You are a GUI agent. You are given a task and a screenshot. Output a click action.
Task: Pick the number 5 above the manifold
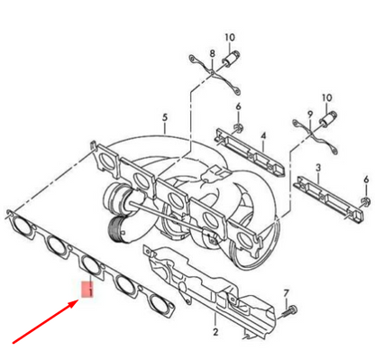[x=164, y=117]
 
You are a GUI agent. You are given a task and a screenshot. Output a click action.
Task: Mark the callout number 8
[x=213, y=54]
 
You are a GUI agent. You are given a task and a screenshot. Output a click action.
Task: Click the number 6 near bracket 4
[x=238, y=106]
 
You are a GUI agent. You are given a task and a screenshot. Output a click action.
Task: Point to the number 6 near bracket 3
[x=365, y=204]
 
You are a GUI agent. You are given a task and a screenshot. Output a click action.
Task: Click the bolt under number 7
[x=287, y=311]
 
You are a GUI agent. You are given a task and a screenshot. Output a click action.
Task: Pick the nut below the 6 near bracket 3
[x=365, y=222]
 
